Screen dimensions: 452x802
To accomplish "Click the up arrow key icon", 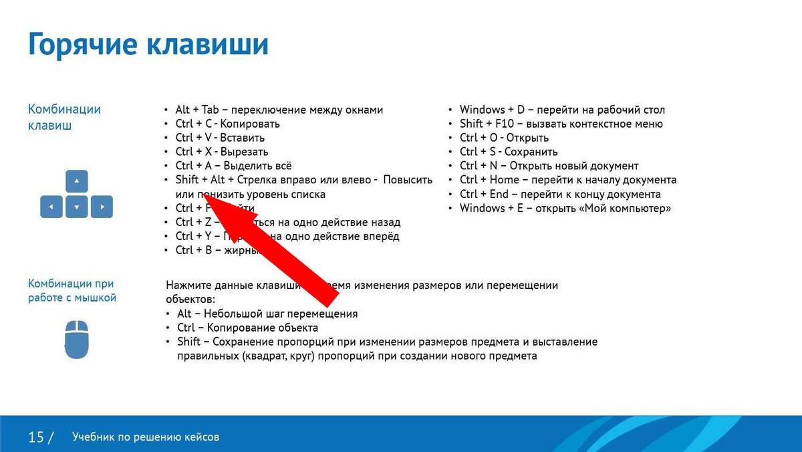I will pos(77,181).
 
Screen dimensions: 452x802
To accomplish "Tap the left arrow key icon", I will pos(51,207).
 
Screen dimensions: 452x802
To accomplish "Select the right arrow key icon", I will pos(102,207).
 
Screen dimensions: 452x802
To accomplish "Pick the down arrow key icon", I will pos(77,207).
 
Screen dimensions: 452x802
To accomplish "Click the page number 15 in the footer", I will pos(35,437).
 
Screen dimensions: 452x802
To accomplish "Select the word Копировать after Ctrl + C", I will pos(251,124).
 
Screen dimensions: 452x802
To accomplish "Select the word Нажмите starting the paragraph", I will pos(188,286).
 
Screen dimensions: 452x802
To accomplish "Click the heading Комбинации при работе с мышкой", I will pos(72,290).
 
